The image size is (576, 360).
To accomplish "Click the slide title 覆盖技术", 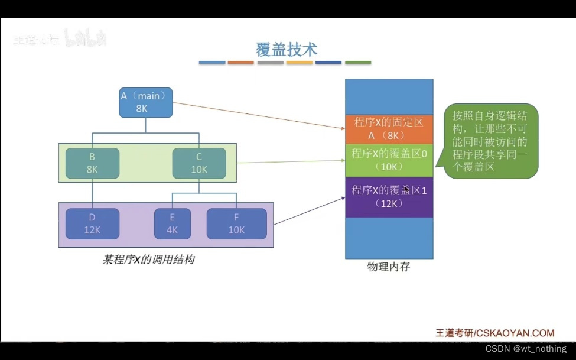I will click(286, 50).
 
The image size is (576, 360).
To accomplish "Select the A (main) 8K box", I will click(146, 102).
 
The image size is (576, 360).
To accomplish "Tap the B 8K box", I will click(92, 163).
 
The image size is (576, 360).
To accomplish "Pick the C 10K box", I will click(199, 163).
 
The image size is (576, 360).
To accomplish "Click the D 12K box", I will click(92, 223).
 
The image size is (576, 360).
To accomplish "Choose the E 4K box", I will click(172, 223).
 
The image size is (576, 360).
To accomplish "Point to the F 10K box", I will click(236, 223).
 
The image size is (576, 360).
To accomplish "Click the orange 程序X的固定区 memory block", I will click(389, 128).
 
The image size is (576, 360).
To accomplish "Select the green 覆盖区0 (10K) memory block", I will click(389, 160).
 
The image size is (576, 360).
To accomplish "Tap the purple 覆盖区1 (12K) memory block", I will click(389, 197).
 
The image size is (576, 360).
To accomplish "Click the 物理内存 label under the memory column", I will click(388, 267).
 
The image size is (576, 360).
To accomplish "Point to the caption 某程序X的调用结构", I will click(148, 259).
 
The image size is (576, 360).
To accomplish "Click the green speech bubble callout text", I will click(490, 141).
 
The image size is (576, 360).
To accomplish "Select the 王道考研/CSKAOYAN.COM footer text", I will click(494, 333).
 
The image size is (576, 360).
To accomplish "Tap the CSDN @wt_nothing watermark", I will click(526, 349).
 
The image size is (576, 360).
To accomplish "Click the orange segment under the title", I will click(240, 63).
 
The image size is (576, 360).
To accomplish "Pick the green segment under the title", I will click(358, 63).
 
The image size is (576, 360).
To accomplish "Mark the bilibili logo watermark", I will click(85, 40).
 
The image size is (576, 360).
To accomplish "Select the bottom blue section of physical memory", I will click(389, 238).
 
